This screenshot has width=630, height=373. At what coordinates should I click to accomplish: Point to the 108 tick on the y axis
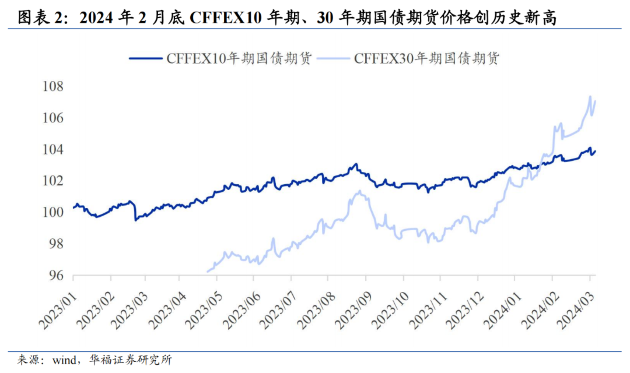pyautogui.click(x=52, y=87)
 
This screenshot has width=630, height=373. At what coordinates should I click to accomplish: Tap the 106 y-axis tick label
pyautogui.click(x=52, y=118)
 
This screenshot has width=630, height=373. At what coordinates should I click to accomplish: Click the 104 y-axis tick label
pyautogui.click(x=52, y=150)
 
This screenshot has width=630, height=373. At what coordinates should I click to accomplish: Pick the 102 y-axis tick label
pyautogui.click(x=52, y=181)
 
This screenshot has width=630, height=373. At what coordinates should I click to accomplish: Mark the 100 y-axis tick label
pyautogui.click(x=52, y=212)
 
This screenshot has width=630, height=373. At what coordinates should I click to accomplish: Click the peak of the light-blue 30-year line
pyautogui.click(x=590, y=97)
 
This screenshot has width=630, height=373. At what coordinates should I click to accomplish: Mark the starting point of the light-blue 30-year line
pyautogui.click(x=208, y=271)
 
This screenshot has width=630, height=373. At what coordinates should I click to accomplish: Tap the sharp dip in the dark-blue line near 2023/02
pyautogui.click(x=136, y=220)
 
